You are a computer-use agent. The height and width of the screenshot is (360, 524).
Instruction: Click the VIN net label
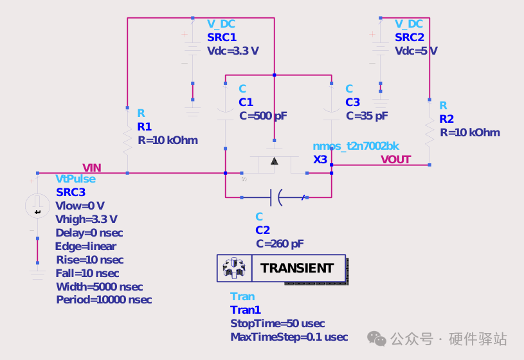[x=91, y=168]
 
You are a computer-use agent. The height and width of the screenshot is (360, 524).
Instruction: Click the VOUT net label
[x=395, y=159]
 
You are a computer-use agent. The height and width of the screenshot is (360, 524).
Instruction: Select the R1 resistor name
[x=145, y=127]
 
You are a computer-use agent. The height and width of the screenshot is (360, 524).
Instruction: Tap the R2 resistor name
[x=446, y=119]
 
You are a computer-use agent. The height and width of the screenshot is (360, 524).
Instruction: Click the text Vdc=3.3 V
[x=233, y=51]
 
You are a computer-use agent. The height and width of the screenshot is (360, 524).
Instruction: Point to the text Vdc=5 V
[x=416, y=51]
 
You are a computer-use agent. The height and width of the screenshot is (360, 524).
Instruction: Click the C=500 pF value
[x=263, y=116]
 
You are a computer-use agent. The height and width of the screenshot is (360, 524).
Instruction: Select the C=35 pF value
[x=367, y=116]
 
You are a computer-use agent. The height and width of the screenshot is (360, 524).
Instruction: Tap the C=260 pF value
[x=280, y=244]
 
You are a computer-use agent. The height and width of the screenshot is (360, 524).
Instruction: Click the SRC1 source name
[x=222, y=37]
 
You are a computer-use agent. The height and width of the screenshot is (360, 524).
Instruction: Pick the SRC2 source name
[x=410, y=37]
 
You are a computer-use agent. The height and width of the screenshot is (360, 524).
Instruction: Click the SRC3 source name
[x=71, y=192]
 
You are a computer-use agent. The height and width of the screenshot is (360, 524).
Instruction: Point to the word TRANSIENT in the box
[x=297, y=268]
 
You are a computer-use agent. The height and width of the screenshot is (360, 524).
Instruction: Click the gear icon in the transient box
[x=234, y=268]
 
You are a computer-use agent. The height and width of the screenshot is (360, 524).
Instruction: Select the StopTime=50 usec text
[x=277, y=323]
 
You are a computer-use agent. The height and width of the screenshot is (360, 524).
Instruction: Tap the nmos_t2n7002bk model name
[x=356, y=146]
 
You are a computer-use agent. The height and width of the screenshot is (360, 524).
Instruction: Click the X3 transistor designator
[x=320, y=159]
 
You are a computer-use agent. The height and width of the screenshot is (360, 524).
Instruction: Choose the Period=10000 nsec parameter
[x=104, y=300]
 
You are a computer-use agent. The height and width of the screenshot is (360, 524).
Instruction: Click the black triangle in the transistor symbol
[x=275, y=161]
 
